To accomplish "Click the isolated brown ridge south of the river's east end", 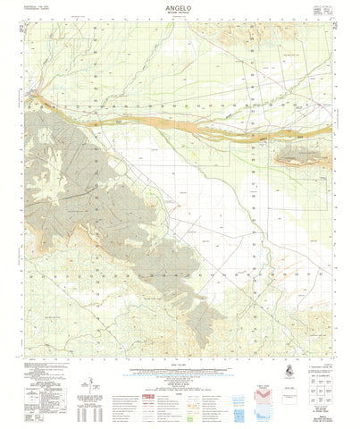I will point(297,159).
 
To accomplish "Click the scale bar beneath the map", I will point(179,368).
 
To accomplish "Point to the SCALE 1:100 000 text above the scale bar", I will point(179,362).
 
